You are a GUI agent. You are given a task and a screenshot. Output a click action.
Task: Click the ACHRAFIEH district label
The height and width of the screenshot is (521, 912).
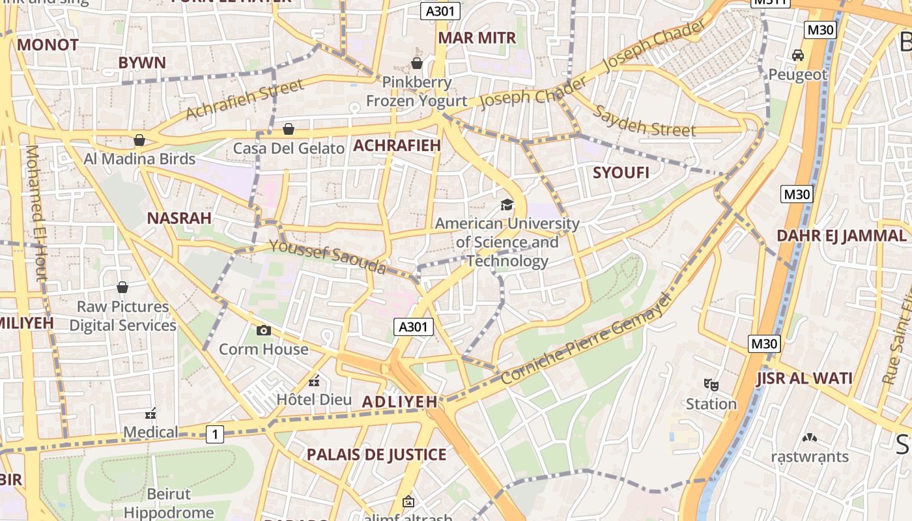pos(397,145)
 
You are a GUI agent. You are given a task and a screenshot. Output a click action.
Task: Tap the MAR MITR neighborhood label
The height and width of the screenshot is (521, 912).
pos(477,38)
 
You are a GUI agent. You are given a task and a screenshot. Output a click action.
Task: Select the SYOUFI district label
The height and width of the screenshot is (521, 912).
pos(621,173)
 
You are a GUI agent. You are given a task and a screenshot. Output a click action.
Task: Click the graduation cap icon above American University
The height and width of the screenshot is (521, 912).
pos(507,205)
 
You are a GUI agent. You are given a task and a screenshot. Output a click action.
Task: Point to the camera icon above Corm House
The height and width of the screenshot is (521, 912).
pos(264,330)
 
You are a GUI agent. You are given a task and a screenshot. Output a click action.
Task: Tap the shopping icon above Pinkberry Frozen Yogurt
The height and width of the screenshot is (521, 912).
pos(417,63)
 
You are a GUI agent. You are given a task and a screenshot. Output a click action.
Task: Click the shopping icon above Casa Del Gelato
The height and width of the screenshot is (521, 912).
pos(289,130)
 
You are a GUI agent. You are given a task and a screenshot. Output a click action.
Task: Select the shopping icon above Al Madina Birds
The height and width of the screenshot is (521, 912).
pos(139,140)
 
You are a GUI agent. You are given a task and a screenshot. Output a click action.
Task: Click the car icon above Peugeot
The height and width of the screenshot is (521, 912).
pos(797,55)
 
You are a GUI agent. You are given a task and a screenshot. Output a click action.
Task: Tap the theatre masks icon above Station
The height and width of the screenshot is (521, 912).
pos(711,385)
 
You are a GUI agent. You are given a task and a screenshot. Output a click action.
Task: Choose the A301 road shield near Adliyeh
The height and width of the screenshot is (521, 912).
pos(414,327)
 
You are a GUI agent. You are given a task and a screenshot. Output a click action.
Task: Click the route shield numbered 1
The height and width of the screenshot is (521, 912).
pos(215,434)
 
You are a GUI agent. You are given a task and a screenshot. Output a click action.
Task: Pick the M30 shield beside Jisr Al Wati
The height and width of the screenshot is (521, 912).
pos(764,343)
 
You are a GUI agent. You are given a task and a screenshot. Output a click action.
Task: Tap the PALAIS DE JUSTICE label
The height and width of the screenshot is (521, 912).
pos(377,455)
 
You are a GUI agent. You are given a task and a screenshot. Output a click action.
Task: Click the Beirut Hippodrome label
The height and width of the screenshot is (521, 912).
pos(169,503)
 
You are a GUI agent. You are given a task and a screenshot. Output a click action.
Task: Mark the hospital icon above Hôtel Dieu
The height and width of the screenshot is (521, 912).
pos(315,381)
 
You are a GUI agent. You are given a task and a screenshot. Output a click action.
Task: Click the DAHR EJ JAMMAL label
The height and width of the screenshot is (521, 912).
pos(842,236)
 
